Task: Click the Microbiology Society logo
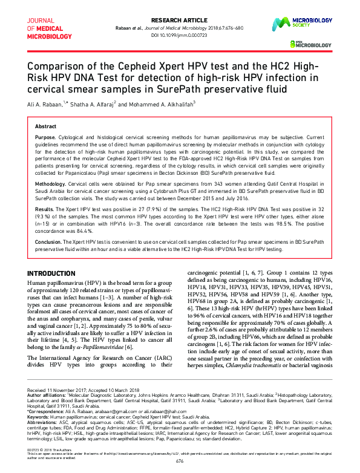point(318,22)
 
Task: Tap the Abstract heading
point(46,126)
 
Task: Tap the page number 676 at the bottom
point(180,461)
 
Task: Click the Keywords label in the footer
point(39,417)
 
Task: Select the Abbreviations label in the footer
point(43,422)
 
